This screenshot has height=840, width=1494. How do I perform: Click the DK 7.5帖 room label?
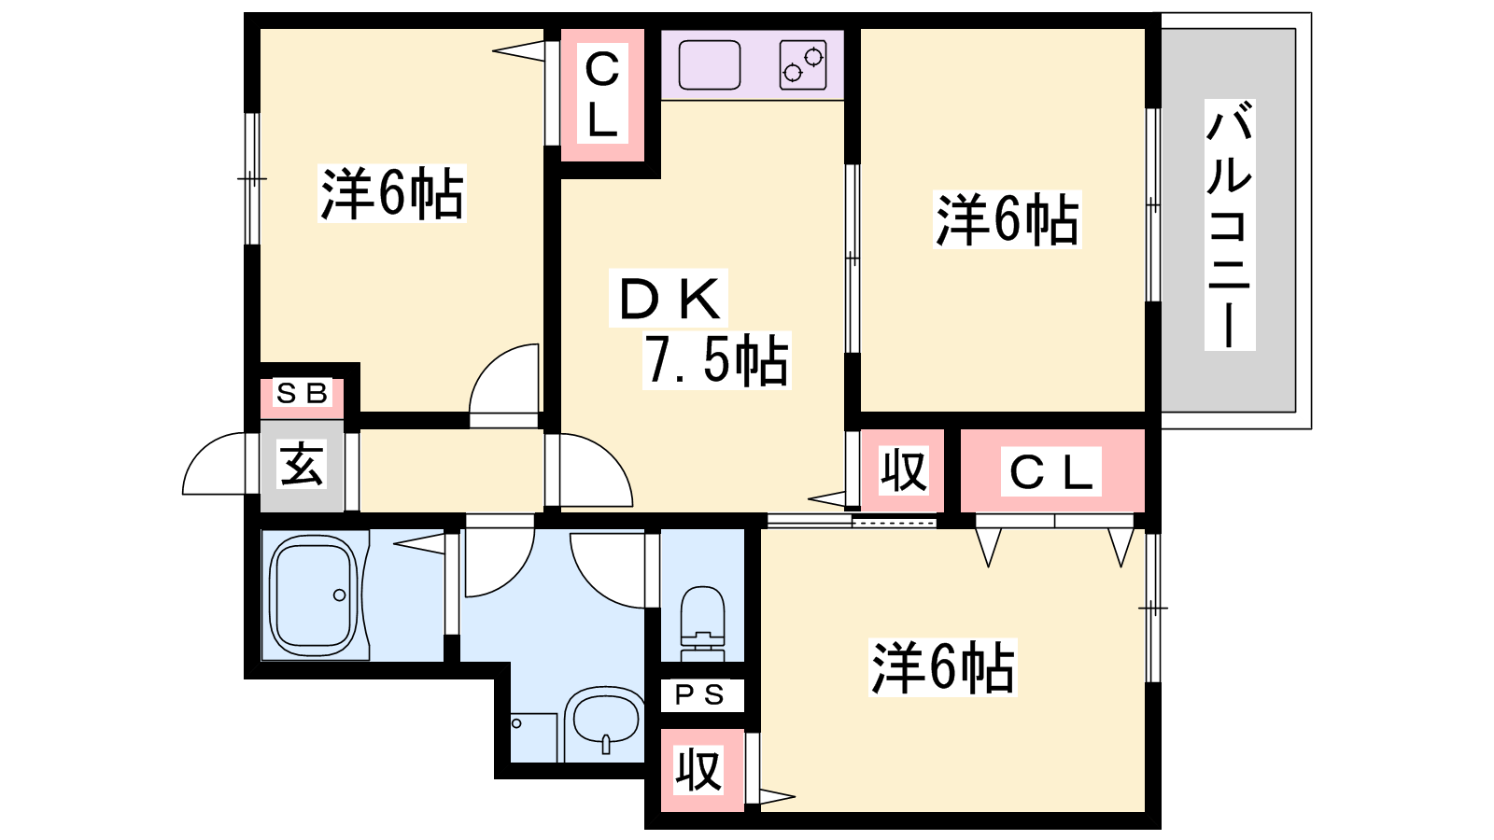tap(700, 329)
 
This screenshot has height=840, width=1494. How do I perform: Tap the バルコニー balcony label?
tap(1230, 225)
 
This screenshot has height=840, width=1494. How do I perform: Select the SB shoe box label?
tap(303, 394)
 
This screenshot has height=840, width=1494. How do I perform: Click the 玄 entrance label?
tap(303, 464)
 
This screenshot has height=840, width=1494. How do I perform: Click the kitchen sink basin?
tap(710, 64)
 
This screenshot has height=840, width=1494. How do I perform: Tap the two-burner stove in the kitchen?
tap(803, 64)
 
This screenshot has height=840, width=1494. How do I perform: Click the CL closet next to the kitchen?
tap(602, 94)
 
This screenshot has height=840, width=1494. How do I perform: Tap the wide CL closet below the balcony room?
tap(1052, 470)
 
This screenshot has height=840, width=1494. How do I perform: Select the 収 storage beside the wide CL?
tap(903, 470)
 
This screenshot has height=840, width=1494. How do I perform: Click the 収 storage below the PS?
tap(701, 770)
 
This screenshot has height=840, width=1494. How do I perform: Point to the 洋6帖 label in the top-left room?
tap(392, 192)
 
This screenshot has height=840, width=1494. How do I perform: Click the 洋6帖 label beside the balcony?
tap(1008, 219)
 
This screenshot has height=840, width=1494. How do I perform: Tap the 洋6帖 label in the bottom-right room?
tap(942, 666)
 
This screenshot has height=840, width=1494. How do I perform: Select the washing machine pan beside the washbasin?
tap(533, 737)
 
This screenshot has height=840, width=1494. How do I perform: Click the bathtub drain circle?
tap(340, 595)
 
